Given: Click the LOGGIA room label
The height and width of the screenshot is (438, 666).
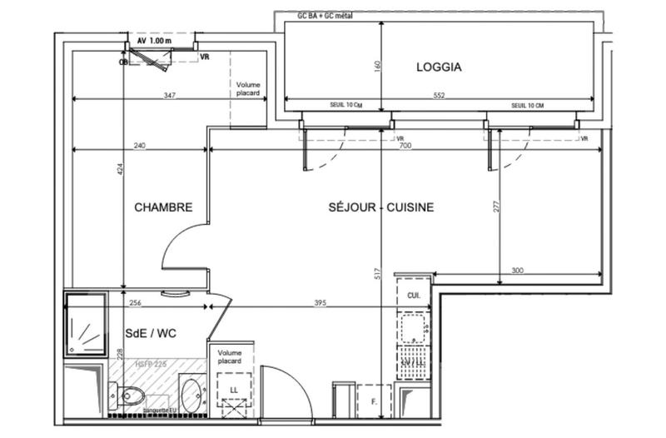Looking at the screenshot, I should (x=439, y=67).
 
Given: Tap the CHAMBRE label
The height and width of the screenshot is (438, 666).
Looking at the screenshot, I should (x=164, y=208).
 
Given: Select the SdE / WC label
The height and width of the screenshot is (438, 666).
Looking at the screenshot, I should (x=152, y=333).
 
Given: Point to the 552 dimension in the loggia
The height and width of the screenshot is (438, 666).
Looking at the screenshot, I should (x=439, y=96).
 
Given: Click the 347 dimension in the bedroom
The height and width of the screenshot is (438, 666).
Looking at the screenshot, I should (x=170, y=96).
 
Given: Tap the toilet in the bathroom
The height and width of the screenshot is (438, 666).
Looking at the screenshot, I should (x=132, y=394).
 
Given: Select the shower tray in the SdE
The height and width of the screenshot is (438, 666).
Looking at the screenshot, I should (x=86, y=325).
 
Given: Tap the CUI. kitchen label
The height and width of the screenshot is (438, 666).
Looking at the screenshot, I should (x=414, y=295).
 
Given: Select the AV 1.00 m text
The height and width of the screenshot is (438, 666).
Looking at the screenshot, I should (x=155, y=40).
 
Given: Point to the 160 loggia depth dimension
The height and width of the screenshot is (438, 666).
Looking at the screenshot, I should (x=377, y=66).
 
